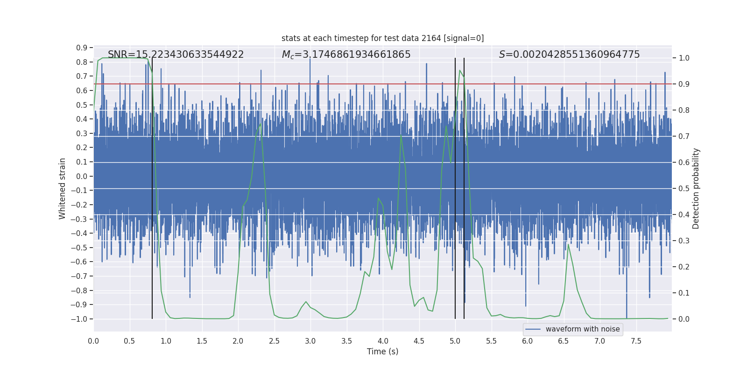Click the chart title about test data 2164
click(382, 38)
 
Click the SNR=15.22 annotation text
click(176, 55)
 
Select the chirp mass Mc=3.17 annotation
click(346, 55)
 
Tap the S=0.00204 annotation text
click(569, 55)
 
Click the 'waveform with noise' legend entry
click(582, 329)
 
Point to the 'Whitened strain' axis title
click(62, 188)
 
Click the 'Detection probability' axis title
click(696, 188)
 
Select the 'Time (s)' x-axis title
click(382, 352)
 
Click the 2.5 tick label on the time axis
click(274, 341)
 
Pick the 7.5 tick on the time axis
click(636, 341)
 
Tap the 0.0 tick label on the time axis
click(93, 341)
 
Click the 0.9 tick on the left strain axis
click(82, 48)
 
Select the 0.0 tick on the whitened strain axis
click(82, 176)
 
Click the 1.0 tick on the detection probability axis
click(684, 58)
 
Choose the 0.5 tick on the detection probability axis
click(684, 188)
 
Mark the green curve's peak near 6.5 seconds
click(568, 244)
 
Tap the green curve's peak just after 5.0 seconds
click(460, 71)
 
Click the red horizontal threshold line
click(327, 84)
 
